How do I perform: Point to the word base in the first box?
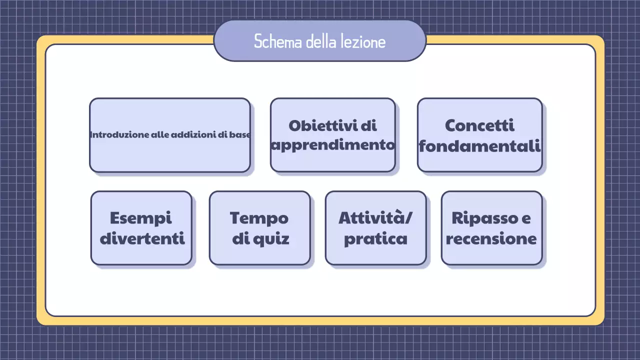[239, 134]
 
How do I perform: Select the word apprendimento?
[333, 145]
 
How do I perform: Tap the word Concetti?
[479, 125]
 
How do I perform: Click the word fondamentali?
[479, 145]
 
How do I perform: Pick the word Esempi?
[140, 218]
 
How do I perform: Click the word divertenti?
[142, 238]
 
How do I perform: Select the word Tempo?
[259, 218]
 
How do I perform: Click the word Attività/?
[376, 218]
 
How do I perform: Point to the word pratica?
[375, 239]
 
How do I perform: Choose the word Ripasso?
[483, 218]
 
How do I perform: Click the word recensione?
[491, 238]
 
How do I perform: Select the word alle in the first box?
[160, 134]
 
